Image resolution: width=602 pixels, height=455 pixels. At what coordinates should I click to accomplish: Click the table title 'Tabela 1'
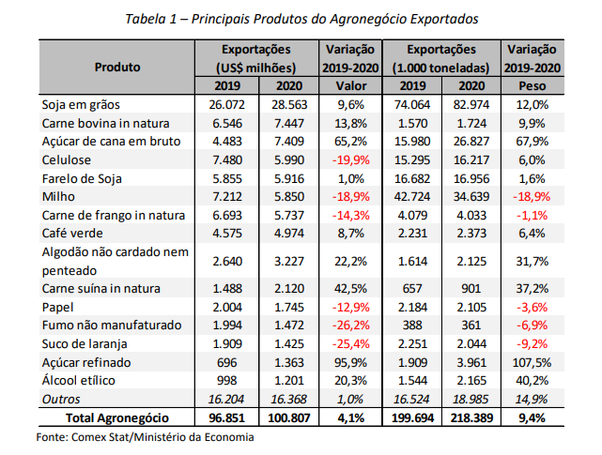click(151, 19)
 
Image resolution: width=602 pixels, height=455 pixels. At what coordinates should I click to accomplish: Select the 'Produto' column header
click(117, 68)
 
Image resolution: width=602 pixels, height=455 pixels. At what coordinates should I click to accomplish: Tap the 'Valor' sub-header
click(351, 85)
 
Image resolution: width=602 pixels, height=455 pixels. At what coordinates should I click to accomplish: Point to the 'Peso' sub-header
click(533, 85)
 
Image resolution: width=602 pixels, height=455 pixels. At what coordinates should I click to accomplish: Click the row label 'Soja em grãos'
click(81, 104)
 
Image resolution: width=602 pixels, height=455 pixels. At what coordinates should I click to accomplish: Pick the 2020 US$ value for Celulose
click(289, 159)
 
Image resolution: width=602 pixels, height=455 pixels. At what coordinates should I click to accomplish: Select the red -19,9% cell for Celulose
click(351, 159)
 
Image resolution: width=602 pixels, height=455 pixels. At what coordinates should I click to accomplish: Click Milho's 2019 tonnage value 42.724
click(412, 196)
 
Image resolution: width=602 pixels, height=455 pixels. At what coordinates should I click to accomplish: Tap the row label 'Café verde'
click(72, 234)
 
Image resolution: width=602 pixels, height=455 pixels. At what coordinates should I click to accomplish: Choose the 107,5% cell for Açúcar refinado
click(533, 362)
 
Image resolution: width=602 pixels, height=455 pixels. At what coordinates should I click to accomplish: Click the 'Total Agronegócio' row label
click(117, 417)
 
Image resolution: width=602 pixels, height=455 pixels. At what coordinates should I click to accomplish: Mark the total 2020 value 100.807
click(289, 417)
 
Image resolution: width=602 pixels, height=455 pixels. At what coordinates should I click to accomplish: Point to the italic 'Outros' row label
click(61, 399)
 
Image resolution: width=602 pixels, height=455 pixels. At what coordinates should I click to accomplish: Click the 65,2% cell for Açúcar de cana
click(351, 141)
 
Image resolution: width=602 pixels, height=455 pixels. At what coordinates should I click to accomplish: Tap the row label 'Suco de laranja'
click(85, 343)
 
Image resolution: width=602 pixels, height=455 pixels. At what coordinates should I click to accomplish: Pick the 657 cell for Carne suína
click(412, 289)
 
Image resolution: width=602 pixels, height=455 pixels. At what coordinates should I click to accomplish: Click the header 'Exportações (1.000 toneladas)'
click(441, 59)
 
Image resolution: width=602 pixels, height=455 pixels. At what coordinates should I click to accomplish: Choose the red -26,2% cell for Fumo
click(351, 326)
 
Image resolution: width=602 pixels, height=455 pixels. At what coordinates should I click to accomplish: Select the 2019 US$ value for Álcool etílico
click(227, 380)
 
